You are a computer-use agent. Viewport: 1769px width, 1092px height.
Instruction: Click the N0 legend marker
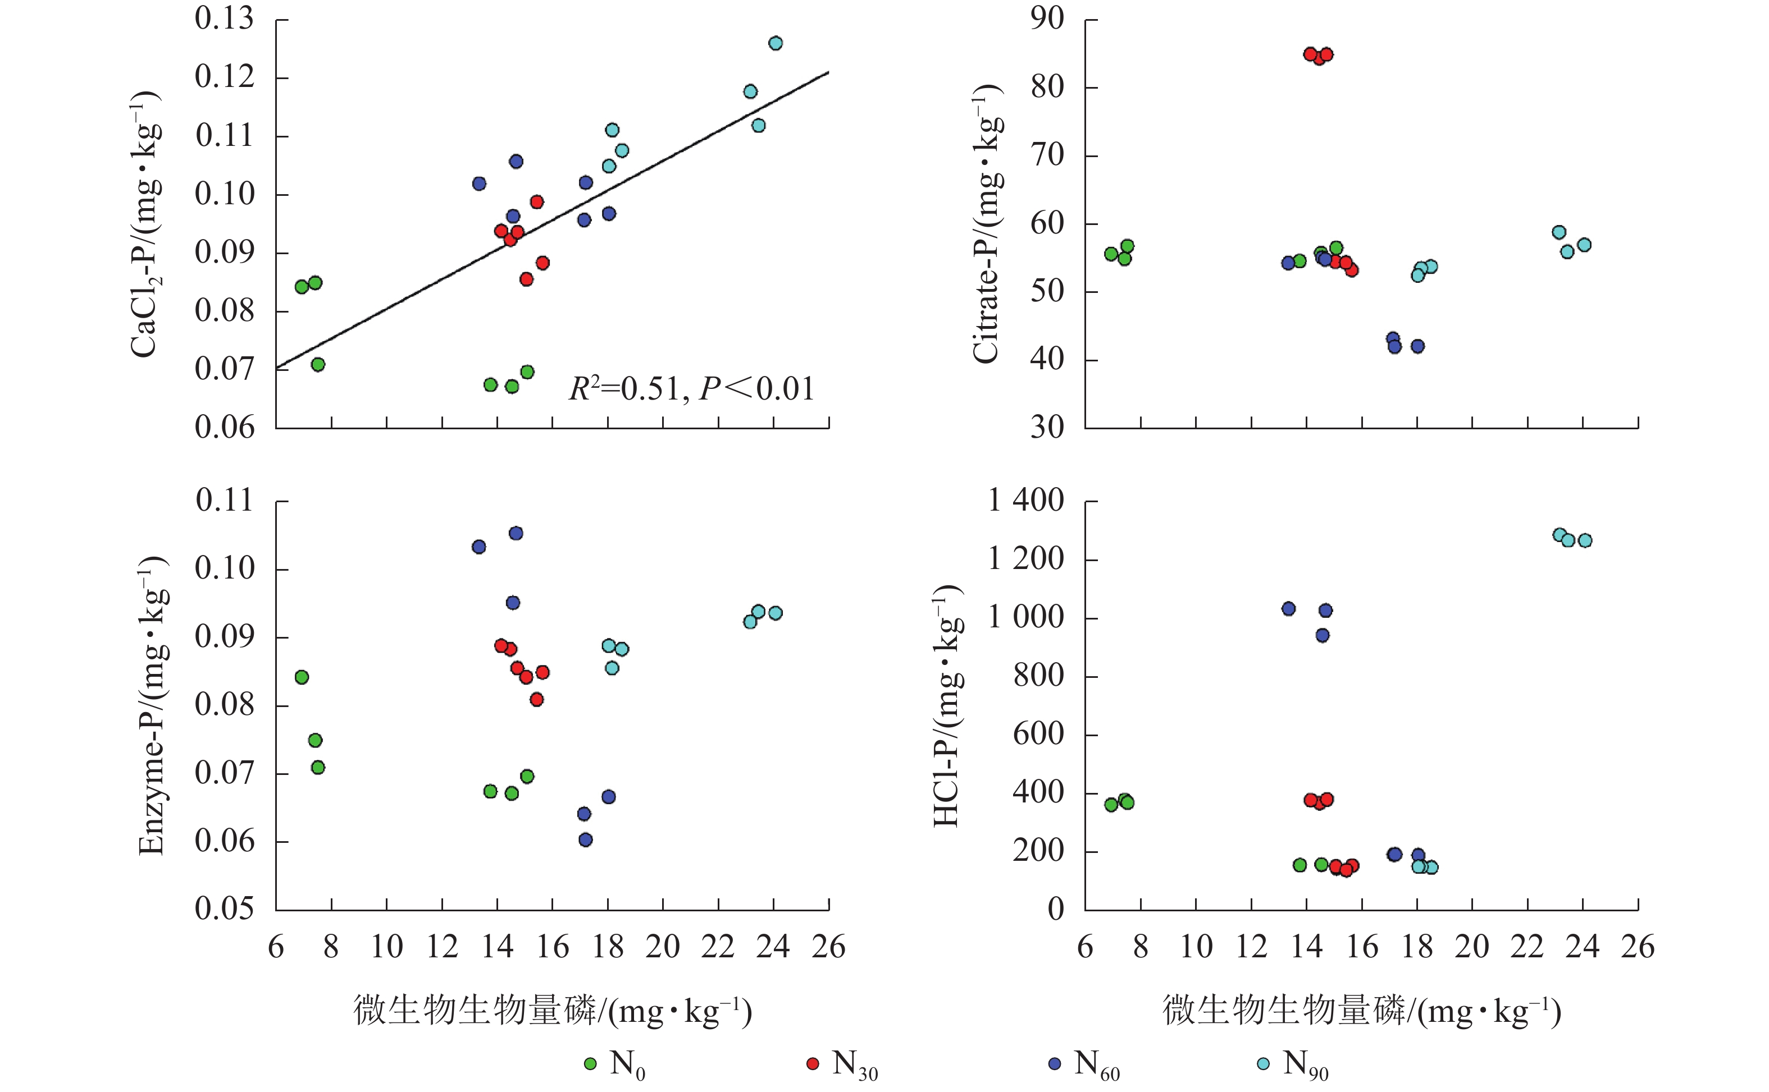pos(590,1064)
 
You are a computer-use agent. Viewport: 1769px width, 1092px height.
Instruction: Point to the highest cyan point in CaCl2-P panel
pos(776,43)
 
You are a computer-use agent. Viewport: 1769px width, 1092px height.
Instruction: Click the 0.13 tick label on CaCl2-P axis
pos(224,19)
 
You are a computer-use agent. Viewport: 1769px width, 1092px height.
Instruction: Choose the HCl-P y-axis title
pos(947,705)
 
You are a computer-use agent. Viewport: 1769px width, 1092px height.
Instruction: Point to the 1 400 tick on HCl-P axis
pos(1025,500)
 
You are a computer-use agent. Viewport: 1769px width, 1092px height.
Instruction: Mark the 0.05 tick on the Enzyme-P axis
pos(224,909)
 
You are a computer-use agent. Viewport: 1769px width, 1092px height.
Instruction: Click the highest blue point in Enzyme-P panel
pos(516,533)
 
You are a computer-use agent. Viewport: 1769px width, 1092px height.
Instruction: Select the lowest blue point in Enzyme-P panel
pos(585,840)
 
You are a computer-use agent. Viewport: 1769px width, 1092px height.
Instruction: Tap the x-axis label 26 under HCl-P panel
pos(1638,947)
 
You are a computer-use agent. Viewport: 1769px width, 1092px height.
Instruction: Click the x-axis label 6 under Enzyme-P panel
pos(276,947)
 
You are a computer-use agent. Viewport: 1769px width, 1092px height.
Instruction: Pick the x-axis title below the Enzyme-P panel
pos(553,1011)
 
